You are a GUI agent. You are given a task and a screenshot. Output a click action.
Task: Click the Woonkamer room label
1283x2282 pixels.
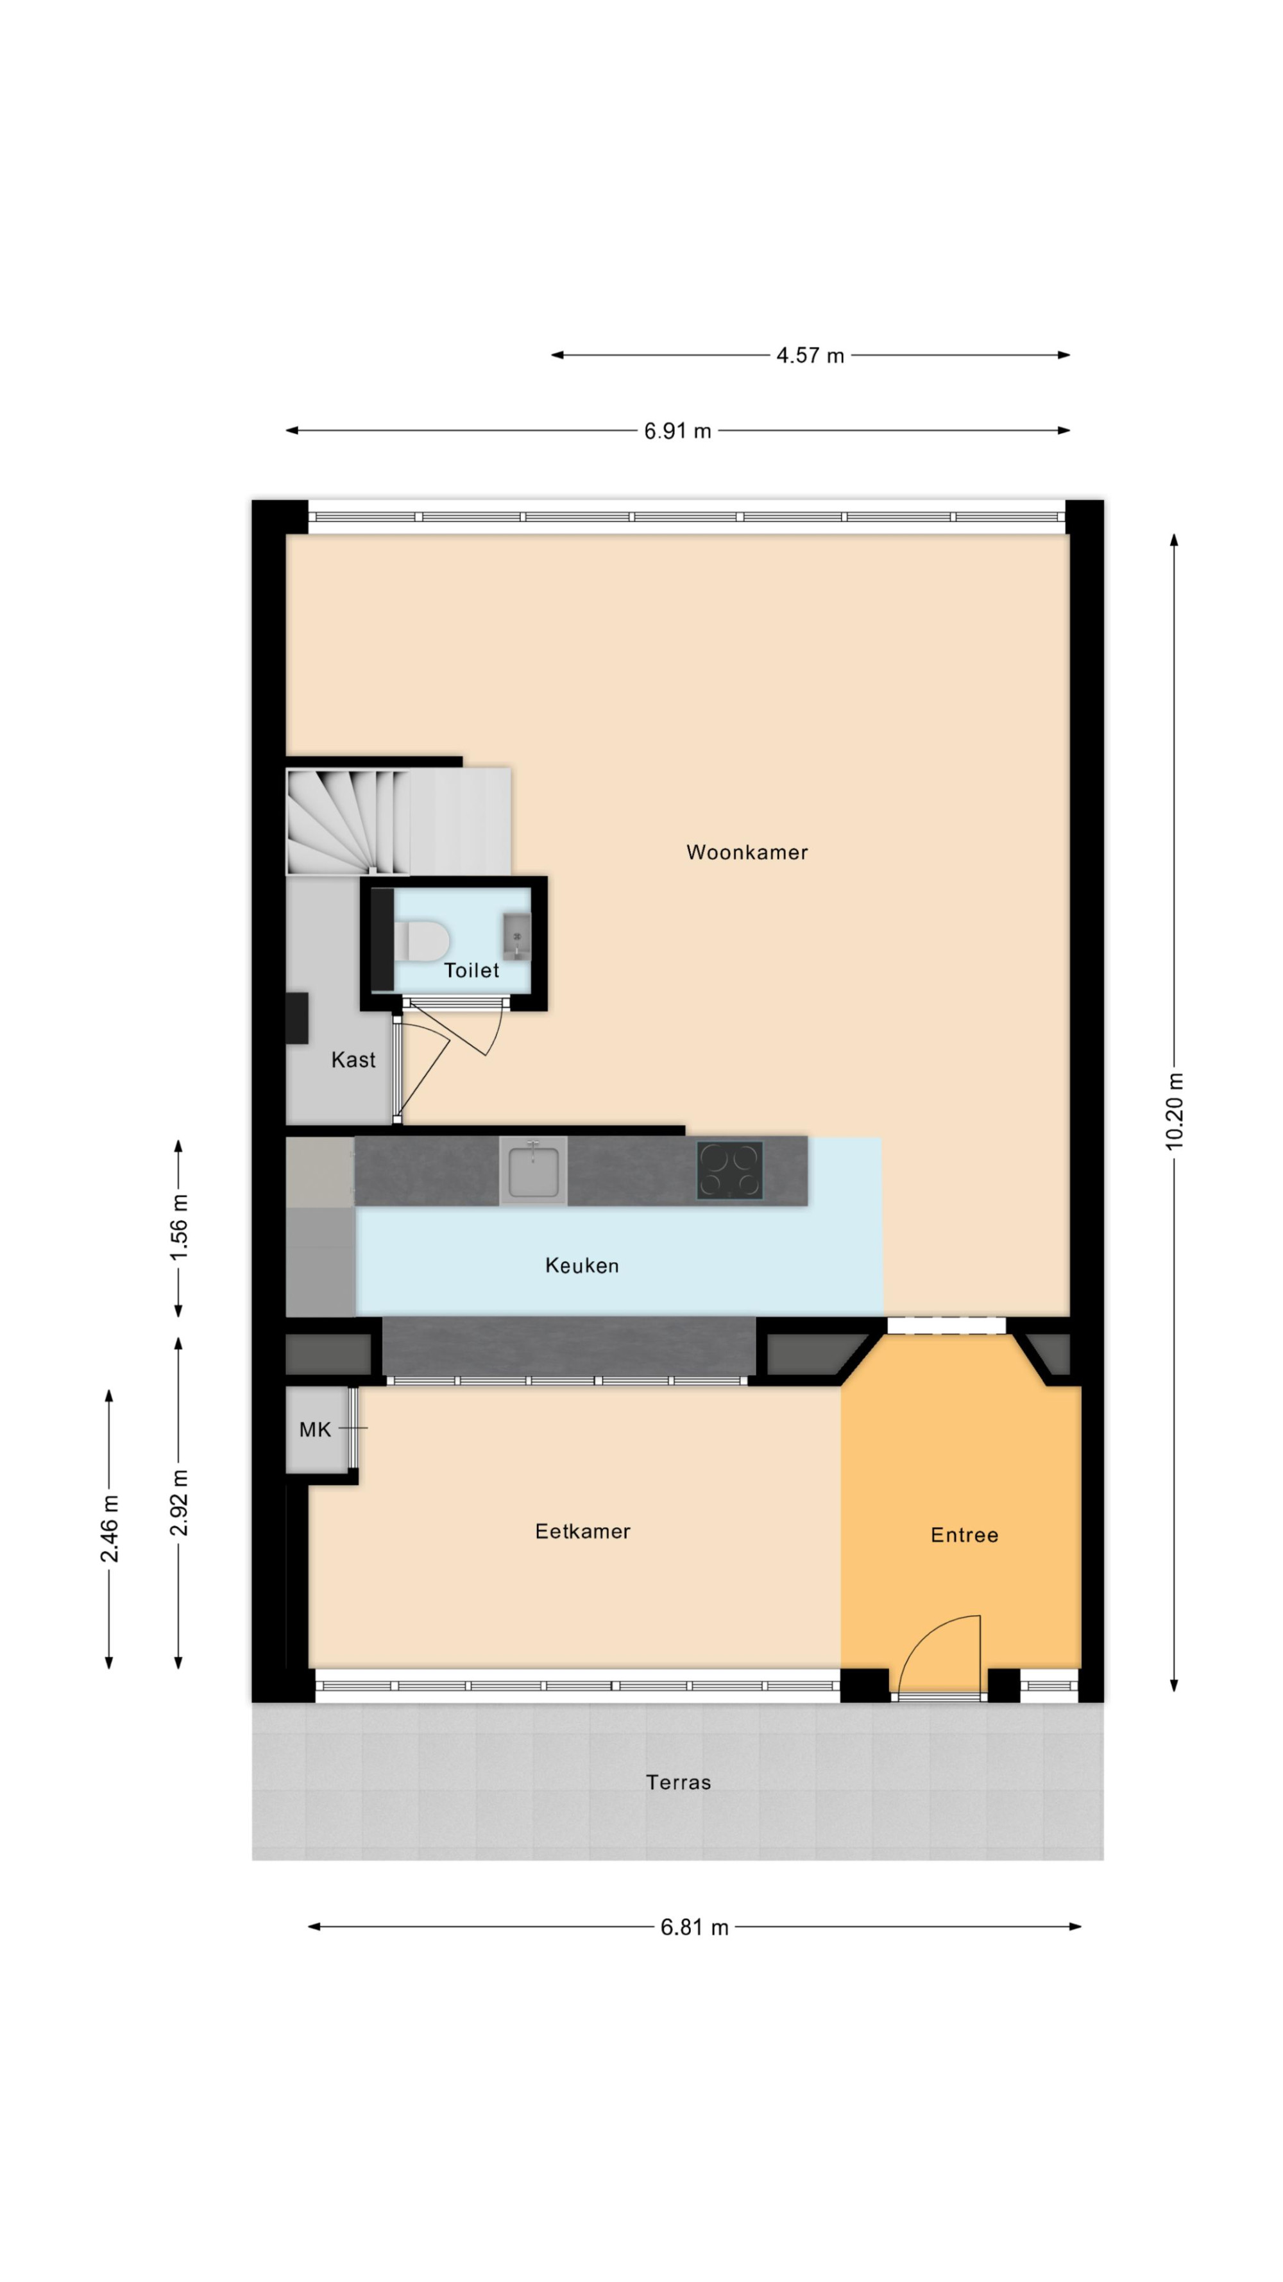pyautogui.click(x=747, y=852)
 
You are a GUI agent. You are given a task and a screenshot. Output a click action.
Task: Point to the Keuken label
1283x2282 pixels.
pyautogui.click(x=582, y=1265)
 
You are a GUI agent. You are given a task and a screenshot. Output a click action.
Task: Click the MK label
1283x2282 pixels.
pyautogui.click(x=314, y=1429)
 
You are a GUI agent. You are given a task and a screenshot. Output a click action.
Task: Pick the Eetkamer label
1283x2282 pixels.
pyautogui.click(x=582, y=1531)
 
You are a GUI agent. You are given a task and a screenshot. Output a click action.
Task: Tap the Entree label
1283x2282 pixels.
pyautogui.click(x=964, y=1534)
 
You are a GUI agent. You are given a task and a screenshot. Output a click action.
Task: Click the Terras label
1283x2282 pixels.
pyautogui.click(x=677, y=1781)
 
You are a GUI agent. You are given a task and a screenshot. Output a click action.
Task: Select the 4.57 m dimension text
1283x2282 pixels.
pyautogui.click(x=810, y=356)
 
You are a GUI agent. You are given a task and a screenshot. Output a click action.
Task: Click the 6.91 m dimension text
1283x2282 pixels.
pyautogui.click(x=677, y=431)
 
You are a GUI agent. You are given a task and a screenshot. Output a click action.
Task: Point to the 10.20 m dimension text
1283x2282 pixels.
pyautogui.click(x=1174, y=1111)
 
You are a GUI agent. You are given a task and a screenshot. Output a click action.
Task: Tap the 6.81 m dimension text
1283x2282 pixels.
pyautogui.click(x=694, y=1926)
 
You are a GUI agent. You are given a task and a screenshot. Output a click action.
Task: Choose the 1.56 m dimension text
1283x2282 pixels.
pyautogui.click(x=179, y=1227)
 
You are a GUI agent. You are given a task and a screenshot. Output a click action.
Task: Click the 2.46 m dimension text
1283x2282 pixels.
pyautogui.click(x=109, y=1529)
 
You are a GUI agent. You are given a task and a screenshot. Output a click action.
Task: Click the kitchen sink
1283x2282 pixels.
pyautogui.click(x=533, y=1171)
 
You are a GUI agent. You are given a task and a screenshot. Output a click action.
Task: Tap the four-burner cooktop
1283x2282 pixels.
pyautogui.click(x=729, y=1171)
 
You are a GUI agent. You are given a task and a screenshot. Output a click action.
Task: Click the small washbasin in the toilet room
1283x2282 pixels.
pyautogui.click(x=517, y=936)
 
